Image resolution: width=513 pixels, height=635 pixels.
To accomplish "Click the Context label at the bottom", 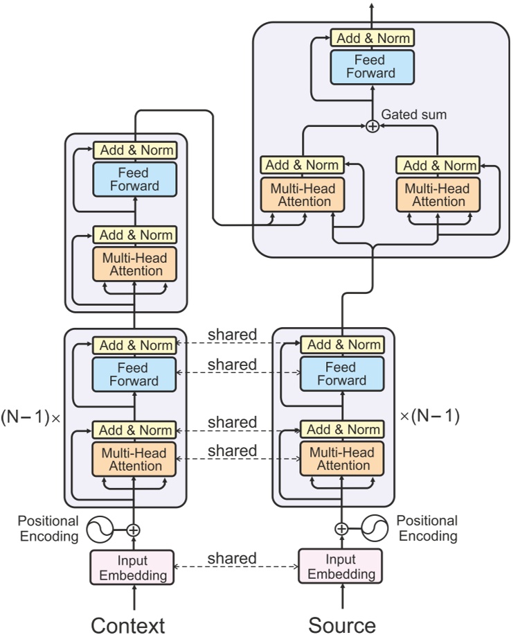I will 128,624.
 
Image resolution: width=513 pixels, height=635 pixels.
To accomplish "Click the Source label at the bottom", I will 342,624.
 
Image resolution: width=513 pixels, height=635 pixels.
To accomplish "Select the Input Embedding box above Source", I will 341,567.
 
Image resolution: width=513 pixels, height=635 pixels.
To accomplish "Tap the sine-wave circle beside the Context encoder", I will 100,530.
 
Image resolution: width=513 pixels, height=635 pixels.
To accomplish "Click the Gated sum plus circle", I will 372,125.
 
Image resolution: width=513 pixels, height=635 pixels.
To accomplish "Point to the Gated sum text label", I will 414,114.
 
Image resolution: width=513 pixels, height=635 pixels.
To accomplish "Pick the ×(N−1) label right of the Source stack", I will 430,417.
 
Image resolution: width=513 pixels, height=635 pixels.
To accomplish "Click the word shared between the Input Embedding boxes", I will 232,559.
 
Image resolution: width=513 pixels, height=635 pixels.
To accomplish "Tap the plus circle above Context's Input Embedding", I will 134,530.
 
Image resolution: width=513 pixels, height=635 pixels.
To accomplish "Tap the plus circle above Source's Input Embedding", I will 341,530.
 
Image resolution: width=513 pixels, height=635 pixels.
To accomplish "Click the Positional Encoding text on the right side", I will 427,528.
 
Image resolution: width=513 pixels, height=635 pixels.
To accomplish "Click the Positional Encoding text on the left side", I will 48,528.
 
